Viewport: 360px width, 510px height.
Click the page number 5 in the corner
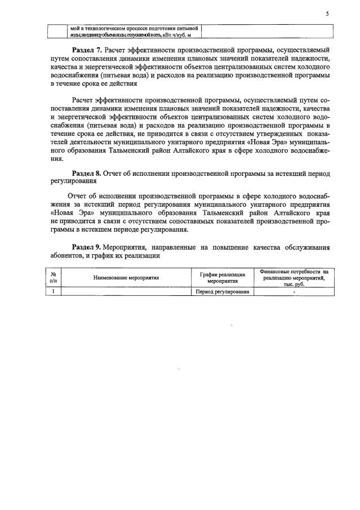(x=327, y=15)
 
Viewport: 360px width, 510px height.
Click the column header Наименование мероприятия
(x=126, y=277)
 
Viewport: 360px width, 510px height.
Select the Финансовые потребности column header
(x=294, y=277)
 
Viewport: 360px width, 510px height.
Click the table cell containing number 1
(x=53, y=291)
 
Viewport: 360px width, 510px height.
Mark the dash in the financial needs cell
(x=294, y=292)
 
